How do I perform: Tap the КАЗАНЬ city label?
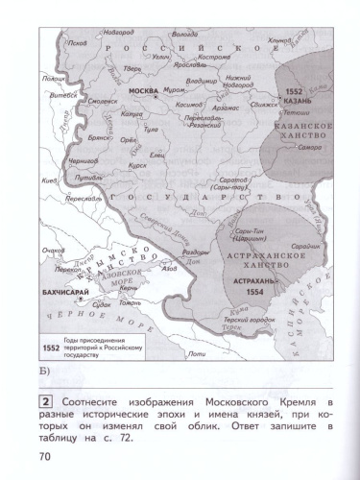299,100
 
